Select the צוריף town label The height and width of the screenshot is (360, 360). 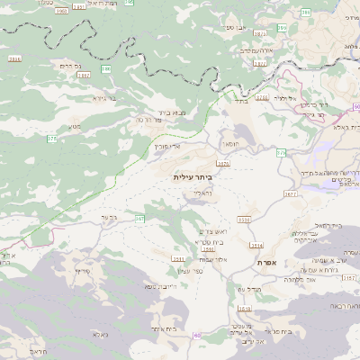82,270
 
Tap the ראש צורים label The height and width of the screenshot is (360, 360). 207,231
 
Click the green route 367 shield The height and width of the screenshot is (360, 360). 139,219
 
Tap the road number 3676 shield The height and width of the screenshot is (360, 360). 223,164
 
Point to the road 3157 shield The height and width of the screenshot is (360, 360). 350,279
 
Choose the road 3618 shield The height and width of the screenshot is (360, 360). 246,309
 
